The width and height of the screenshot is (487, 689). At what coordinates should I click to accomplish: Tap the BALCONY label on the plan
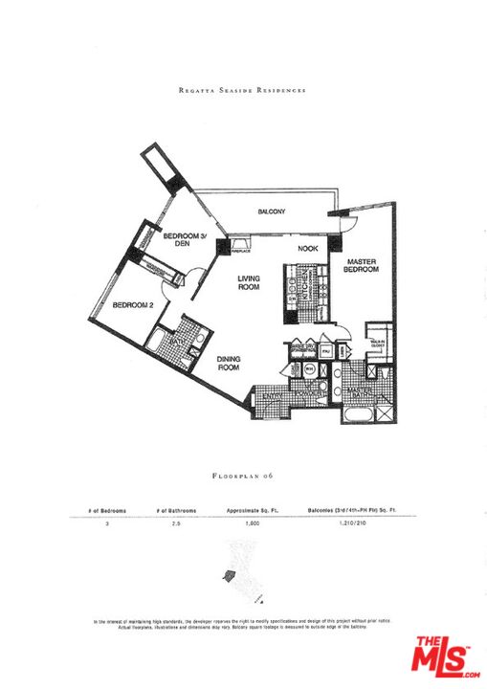click(x=271, y=212)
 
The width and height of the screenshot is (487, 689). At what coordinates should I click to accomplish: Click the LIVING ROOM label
click(x=249, y=282)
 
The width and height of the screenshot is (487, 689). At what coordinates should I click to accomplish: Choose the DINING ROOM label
click(x=227, y=364)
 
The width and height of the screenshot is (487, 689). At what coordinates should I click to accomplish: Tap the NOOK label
click(x=307, y=249)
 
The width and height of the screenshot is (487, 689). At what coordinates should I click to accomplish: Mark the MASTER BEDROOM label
click(x=363, y=266)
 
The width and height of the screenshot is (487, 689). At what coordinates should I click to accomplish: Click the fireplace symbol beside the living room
click(x=239, y=246)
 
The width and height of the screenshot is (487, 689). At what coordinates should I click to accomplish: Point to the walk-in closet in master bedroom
click(x=379, y=337)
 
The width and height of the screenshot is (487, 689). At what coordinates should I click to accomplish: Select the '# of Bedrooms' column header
click(x=95, y=511)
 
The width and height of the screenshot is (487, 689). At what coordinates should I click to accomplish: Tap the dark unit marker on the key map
click(x=228, y=576)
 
